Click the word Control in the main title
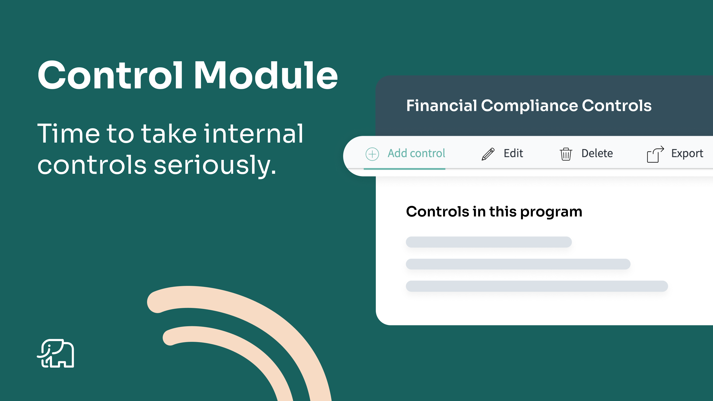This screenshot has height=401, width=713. (110, 75)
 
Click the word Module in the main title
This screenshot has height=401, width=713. (266, 75)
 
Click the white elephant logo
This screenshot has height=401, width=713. (56, 353)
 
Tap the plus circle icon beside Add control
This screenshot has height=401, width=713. (372, 154)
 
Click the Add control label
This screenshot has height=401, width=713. (416, 153)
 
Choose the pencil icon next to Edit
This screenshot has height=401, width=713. (488, 154)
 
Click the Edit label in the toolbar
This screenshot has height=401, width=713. (513, 153)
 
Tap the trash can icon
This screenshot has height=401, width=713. (566, 154)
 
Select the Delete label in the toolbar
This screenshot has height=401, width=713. (597, 153)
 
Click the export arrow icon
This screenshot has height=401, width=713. (655, 154)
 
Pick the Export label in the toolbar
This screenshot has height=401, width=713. (687, 153)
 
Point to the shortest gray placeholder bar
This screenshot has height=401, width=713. (489, 242)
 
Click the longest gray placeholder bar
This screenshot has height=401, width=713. (537, 286)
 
